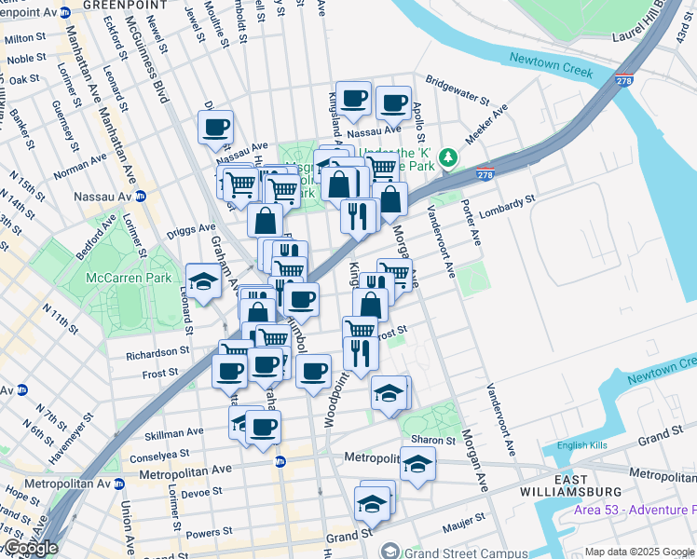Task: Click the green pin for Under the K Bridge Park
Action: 448,156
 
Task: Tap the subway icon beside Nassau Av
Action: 140,196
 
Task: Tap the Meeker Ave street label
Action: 486,122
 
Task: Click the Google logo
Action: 32,548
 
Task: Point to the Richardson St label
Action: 158,354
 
